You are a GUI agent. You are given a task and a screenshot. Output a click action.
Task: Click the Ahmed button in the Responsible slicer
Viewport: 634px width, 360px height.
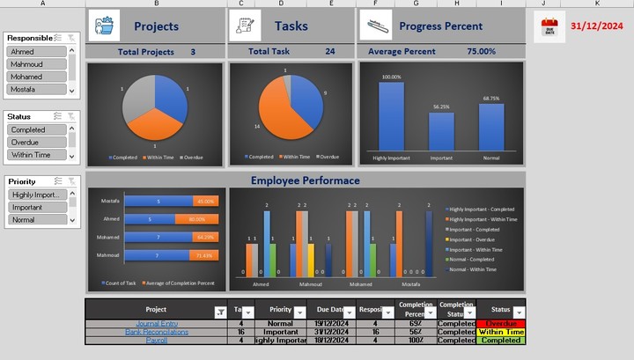36,52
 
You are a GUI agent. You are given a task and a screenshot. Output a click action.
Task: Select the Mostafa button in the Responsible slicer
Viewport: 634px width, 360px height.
36,90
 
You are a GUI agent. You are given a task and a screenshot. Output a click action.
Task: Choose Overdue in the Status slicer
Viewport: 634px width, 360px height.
36,142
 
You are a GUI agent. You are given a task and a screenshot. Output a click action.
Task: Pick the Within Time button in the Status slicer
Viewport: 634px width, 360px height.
36,155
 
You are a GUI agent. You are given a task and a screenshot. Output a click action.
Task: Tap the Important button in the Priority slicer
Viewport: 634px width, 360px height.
36,208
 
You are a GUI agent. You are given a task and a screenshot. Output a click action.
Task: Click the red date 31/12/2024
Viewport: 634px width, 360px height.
596,26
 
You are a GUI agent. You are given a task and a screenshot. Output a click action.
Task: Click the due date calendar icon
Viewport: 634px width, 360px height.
551,27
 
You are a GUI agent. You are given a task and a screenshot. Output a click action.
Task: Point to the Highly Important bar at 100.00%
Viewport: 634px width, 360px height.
392,116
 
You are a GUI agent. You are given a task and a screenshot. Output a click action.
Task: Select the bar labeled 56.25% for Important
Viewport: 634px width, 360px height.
441,130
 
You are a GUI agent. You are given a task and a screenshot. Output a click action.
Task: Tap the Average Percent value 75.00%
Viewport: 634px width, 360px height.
481,52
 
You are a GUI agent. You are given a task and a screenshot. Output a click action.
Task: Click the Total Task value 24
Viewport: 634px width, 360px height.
329,52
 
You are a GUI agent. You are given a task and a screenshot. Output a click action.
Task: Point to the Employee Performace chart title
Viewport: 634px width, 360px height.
305,180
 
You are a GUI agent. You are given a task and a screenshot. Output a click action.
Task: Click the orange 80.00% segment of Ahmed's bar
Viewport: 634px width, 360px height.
195,219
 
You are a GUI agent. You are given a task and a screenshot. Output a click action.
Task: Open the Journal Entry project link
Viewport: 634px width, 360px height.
145,324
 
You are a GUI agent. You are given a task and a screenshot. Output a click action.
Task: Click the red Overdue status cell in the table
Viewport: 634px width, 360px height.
500,324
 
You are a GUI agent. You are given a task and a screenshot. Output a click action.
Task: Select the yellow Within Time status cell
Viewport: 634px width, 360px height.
500,332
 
